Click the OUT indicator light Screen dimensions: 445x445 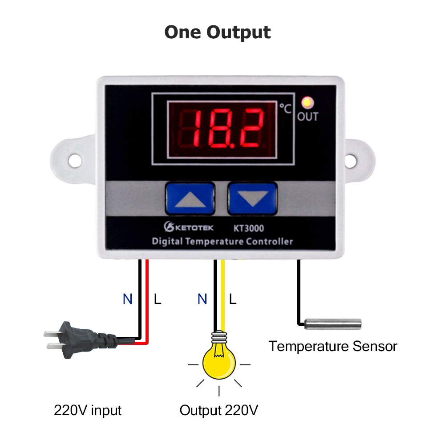click(x=307, y=103)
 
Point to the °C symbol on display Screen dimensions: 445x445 click(x=286, y=108)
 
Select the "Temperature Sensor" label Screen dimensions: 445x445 click(x=333, y=346)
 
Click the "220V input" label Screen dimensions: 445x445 click(x=88, y=410)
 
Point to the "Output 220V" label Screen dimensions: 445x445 click(x=218, y=410)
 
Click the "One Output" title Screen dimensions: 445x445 click(x=218, y=32)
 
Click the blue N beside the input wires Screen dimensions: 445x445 click(x=128, y=299)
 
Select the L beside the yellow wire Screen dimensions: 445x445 click(x=232, y=299)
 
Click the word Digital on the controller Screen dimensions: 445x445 click(x=167, y=242)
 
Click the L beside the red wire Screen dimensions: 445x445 click(x=158, y=299)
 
